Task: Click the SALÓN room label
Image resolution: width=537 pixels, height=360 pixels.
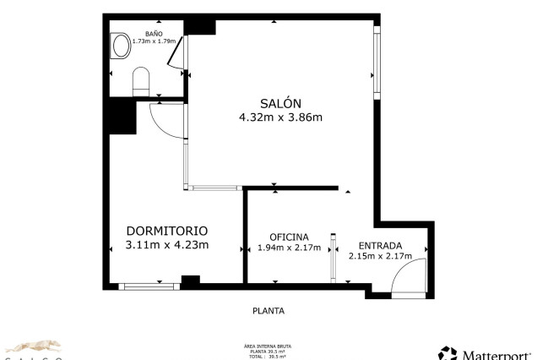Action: (x=280, y=102)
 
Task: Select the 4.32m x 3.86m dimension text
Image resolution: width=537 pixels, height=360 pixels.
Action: (x=280, y=117)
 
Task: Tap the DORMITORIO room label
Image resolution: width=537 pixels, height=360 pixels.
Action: (x=167, y=231)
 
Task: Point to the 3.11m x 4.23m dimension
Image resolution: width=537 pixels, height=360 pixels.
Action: (x=167, y=245)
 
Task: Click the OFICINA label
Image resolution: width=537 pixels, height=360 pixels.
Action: (x=289, y=237)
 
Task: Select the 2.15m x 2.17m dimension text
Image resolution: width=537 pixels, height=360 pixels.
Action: (x=380, y=256)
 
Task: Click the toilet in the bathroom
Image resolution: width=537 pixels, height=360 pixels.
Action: (x=141, y=82)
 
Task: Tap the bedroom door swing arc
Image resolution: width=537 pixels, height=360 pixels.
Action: (x=165, y=118)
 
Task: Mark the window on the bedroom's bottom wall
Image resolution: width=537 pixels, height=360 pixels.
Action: (x=149, y=286)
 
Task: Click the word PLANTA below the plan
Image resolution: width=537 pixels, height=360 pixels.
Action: (x=268, y=310)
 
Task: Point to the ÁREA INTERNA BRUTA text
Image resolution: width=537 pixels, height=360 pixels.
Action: (x=268, y=346)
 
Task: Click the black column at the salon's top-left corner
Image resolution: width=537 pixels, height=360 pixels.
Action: (x=200, y=25)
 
